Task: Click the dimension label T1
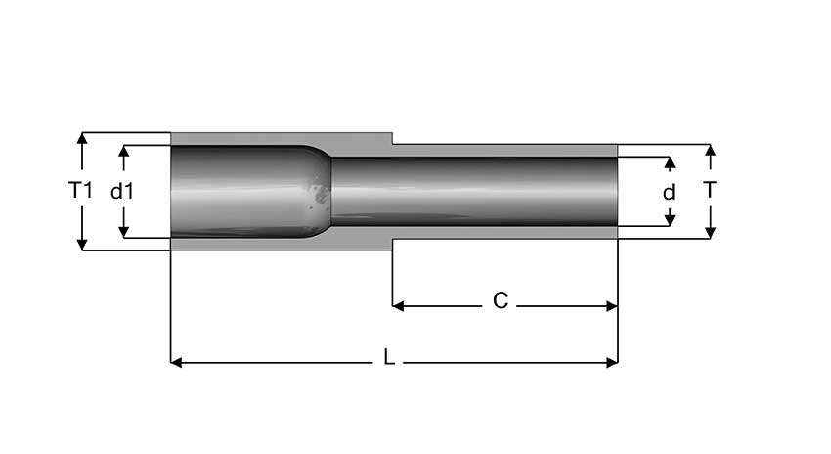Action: pyautogui.click(x=81, y=191)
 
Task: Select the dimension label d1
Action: pyautogui.click(x=122, y=192)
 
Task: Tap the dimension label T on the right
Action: pyautogui.click(x=710, y=191)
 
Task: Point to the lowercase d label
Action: pyautogui.click(x=669, y=193)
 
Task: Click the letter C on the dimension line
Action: pyautogui.click(x=500, y=301)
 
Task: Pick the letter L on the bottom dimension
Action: pyautogui.click(x=389, y=359)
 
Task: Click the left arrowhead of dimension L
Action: pyautogui.click(x=177, y=362)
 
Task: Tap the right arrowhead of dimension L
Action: pyautogui.click(x=612, y=362)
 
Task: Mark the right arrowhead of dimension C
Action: pyautogui.click(x=612, y=306)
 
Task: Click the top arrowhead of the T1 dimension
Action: pyautogui.click(x=82, y=138)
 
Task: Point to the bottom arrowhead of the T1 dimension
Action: pyautogui.click(x=82, y=244)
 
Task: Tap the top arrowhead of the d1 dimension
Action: pyautogui.click(x=123, y=152)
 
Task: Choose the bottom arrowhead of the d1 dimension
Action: pyautogui.click(x=123, y=231)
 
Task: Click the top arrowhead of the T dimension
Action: pyautogui.click(x=710, y=150)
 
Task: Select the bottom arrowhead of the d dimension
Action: pyautogui.click(x=670, y=219)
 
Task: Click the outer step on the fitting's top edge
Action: pyautogui.click(x=392, y=139)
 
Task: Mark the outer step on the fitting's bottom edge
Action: pyautogui.click(x=392, y=244)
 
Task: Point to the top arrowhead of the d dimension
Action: pyautogui.click(x=670, y=161)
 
